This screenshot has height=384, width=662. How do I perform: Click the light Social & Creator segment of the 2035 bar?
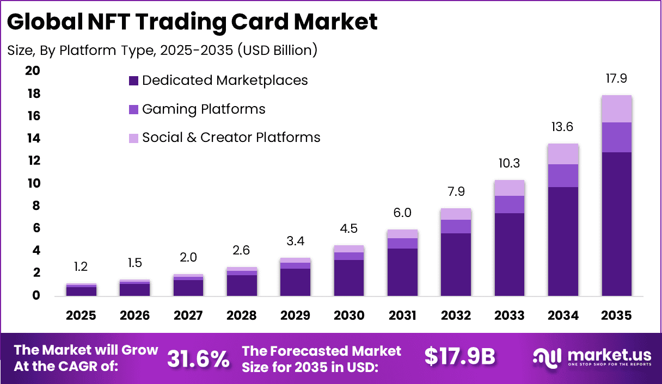[x=616, y=109]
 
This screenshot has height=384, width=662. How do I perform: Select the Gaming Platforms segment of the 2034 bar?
[x=563, y=175]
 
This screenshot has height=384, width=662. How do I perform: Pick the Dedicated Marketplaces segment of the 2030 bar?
[x=349, y=277]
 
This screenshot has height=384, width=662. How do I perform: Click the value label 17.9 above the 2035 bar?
[x=616, y=78]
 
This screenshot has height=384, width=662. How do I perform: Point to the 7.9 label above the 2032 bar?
[x=456, y=191]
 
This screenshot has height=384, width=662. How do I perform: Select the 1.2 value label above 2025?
[x=81, y=267]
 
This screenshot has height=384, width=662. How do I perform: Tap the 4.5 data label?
[x=349, y=228]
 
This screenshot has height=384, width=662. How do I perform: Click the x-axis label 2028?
[x=242, y=315]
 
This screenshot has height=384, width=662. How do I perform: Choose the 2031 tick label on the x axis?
[x=402, y=315]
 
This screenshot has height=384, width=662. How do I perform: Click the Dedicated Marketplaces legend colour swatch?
[x=133, y=81]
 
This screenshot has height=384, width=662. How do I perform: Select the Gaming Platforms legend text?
[x=204, y=109]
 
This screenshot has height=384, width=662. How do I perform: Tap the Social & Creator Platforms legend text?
[x=231, y=138]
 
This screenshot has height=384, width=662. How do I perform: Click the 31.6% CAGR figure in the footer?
[x=198, y=358]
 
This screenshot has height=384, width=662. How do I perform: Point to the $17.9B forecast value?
[x=460, y=357]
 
